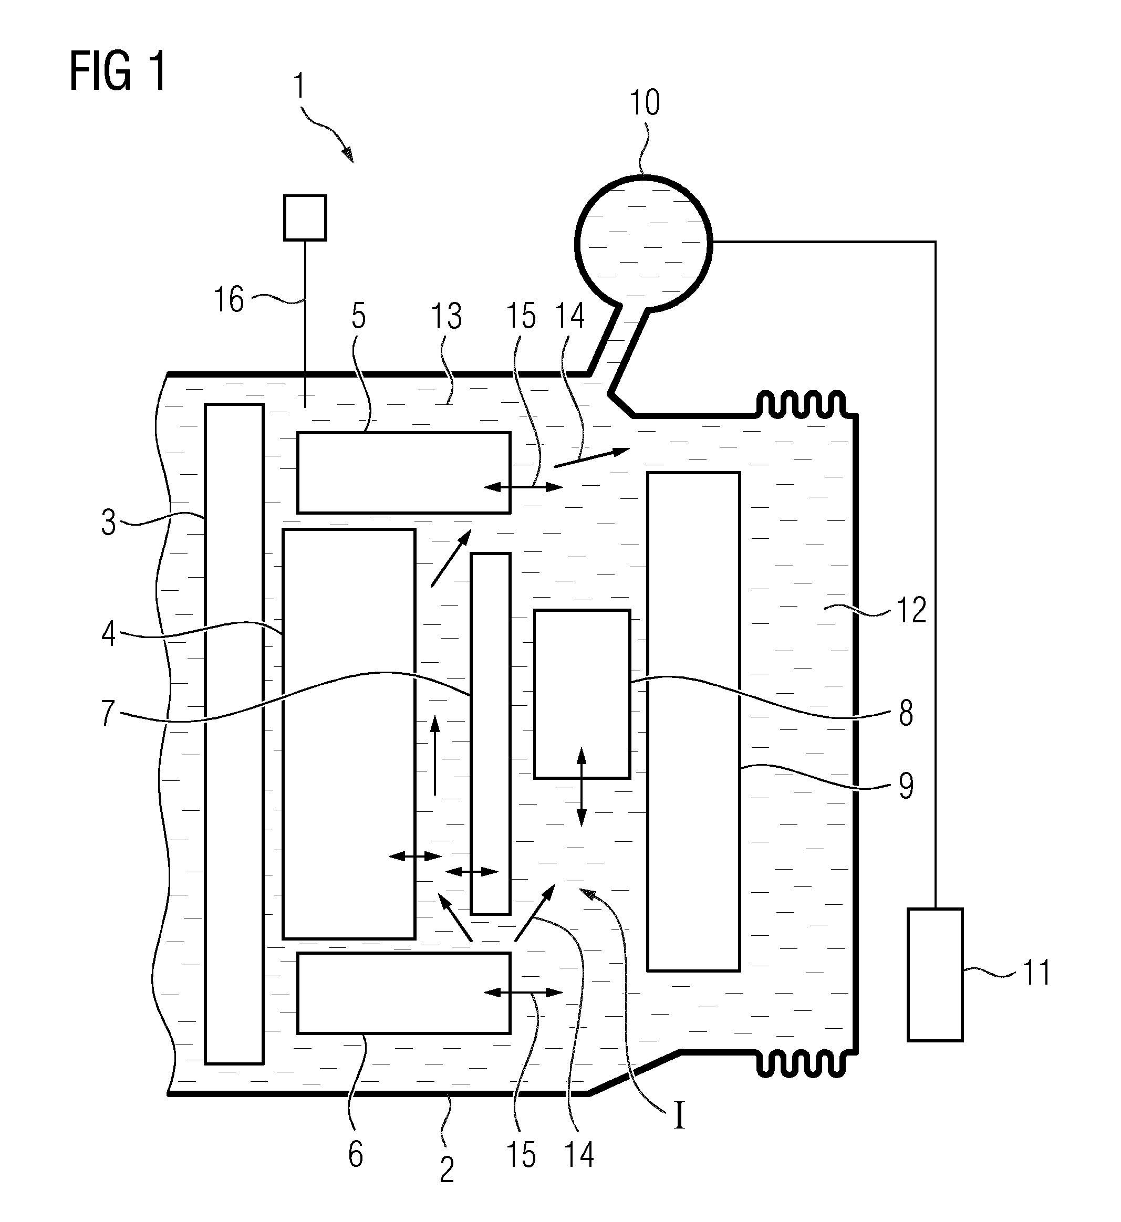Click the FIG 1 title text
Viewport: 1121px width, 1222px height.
point(118,71)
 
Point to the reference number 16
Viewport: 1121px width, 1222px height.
point(229,299)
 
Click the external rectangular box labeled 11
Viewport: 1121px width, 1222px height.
point(935,975)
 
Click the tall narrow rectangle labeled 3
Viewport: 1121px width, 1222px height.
point(234,734)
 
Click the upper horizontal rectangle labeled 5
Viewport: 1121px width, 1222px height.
point(403,473)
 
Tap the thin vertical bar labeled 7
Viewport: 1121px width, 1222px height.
point(491,733)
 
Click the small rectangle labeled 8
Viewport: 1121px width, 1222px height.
point(582,694)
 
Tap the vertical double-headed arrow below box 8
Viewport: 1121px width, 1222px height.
point(581,787)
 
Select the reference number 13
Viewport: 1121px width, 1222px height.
point(447,317)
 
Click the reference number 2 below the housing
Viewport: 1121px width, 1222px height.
point(447,1171)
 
